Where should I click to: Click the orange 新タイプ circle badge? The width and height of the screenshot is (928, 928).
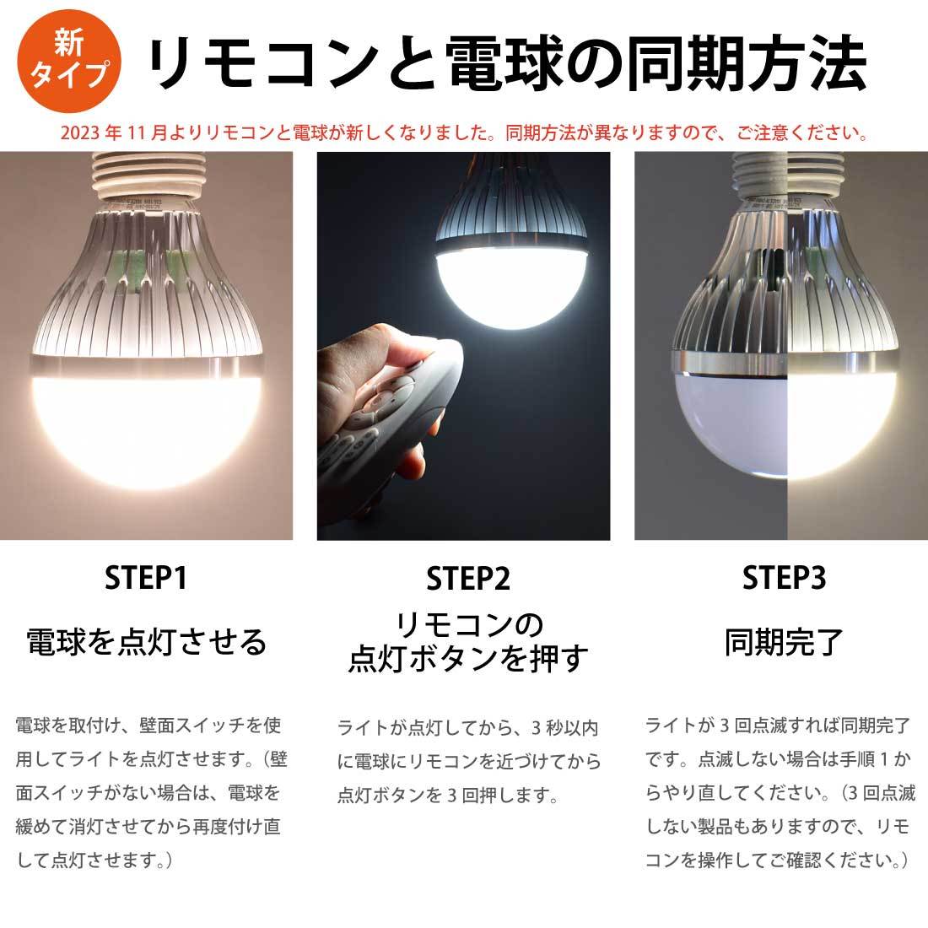[69, 61]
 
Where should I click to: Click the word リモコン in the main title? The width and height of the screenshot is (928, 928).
[262, 63]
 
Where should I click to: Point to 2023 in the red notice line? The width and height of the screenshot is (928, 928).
[80, 132]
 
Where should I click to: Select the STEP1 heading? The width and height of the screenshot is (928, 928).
[146, 578]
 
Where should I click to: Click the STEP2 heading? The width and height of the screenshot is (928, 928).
[467, 578]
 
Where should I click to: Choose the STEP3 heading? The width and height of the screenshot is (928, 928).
[784, 578]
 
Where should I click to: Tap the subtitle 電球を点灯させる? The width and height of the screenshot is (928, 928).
[146, 642]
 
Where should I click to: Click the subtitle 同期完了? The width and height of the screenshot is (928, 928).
[784, 642]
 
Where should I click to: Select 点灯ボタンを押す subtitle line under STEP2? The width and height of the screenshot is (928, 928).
[468, 659]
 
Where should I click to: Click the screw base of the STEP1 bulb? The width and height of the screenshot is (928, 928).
[148, 175]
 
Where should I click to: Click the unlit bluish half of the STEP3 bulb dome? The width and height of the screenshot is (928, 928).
[731, 424]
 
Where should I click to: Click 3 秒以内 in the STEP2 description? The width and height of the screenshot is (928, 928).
[564, 727]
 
